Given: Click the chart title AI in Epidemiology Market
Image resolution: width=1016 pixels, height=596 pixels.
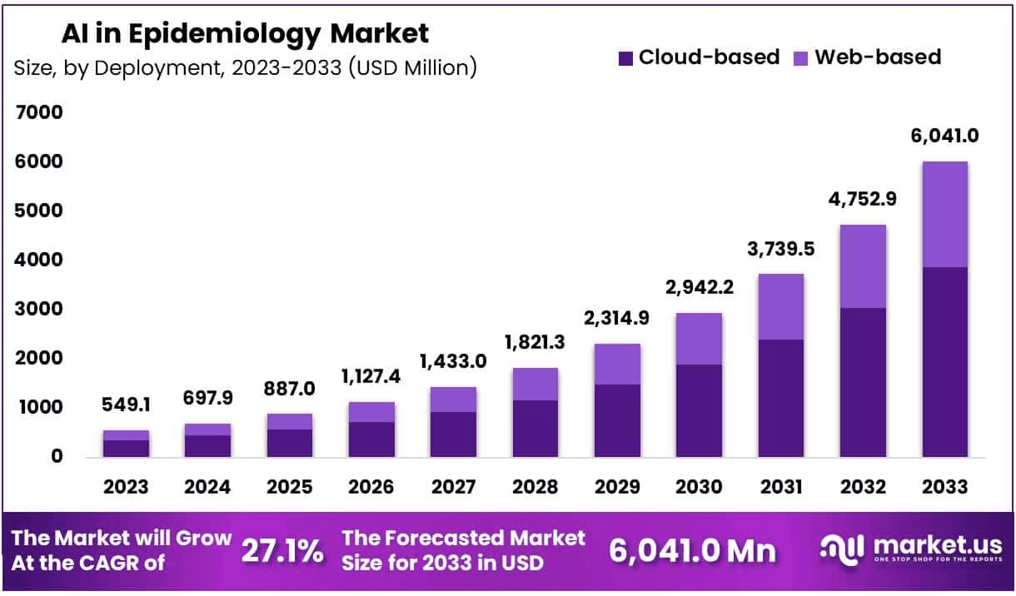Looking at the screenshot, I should click(245, 34).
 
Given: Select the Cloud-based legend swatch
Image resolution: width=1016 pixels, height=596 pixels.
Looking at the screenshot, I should click(626, 57).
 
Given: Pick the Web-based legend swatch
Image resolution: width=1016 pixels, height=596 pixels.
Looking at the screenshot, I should click(801, 57).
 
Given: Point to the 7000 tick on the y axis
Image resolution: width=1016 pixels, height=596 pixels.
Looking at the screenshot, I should click(39, 112).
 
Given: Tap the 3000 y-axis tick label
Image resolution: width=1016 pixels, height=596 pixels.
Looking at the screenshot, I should click(39, 309).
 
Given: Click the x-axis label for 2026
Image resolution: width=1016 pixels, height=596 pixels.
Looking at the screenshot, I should click(371, 485).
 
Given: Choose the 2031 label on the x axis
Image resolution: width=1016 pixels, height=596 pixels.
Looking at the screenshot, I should click(780, 485).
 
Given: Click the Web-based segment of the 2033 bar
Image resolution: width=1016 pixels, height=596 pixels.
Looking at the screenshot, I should click(944, 214).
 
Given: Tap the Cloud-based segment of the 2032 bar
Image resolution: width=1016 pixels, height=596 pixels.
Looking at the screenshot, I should click(863, 382).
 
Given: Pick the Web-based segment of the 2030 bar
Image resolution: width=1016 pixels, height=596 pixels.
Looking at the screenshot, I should click(699, 339).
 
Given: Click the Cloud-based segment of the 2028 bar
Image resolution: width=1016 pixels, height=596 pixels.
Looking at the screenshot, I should click(535, 429).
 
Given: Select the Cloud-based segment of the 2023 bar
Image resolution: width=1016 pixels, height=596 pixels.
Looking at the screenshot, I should click(127, 448).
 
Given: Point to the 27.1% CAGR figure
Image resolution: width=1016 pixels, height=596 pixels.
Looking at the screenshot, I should click(282, 551).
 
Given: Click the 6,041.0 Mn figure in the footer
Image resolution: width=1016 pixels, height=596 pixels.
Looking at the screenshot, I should click(692, 551).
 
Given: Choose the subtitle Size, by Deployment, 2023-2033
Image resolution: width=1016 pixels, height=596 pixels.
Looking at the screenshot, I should click(245, 68).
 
